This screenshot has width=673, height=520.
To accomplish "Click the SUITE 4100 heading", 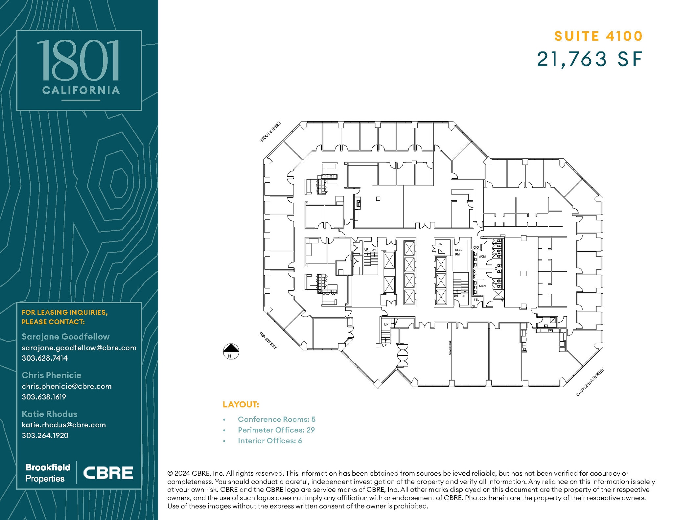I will coord(598,36).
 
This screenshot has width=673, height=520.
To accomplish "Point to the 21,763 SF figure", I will coord(590,59).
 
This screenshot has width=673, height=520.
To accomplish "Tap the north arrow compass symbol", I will coord(231,351).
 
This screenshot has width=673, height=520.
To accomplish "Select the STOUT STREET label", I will coord(270,132).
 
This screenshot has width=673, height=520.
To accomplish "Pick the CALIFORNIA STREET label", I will coord(590,382).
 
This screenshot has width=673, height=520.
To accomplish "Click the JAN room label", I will coord(439,244).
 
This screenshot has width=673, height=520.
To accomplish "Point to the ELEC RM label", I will coord(458,252).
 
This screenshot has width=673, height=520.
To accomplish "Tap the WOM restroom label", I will coord(482,257).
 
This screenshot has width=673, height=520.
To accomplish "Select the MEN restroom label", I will coord(482,286).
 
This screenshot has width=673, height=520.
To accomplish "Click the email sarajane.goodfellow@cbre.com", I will coord(79,348).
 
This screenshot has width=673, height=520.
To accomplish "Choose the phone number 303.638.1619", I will coord(44,397).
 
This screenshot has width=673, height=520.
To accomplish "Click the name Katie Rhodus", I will coord(49,414).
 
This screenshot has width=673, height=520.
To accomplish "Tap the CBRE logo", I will coord(108,473).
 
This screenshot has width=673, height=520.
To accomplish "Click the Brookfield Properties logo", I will coord(48,473).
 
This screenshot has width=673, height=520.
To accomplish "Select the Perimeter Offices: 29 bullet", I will coord(276,430).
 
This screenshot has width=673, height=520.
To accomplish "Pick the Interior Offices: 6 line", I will coord(269,441).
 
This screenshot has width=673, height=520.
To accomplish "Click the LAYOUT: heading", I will coord(241,404).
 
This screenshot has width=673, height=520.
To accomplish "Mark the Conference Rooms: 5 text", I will coord(276,419).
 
